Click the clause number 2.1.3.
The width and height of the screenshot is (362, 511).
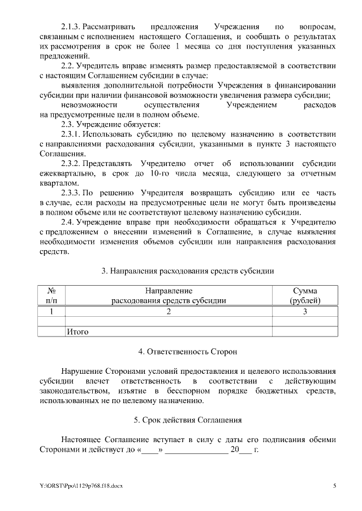click(72, 27)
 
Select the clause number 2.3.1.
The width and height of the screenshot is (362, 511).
click(72, 134)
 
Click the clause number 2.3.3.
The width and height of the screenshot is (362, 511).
click(72, 193)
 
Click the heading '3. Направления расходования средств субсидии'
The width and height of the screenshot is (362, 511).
click(187, 271)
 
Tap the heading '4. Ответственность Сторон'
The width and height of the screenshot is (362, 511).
click(187, 351)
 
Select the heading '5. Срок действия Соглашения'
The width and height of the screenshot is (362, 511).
click(187, 420)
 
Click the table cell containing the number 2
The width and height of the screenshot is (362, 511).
click(169, 311)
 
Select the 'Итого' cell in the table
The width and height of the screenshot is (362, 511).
click(77, 332)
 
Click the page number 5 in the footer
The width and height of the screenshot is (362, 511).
click(334, 486)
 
